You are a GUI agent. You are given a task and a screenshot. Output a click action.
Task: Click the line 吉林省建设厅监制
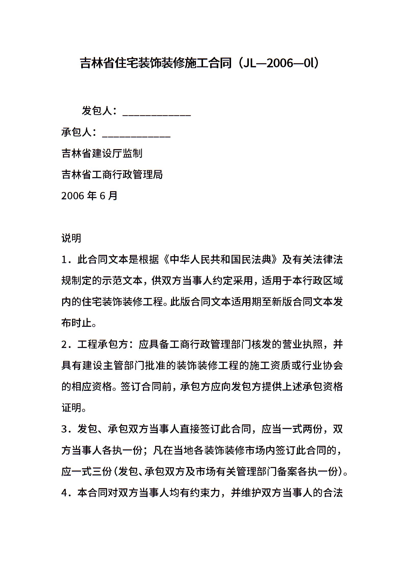coord(102,154)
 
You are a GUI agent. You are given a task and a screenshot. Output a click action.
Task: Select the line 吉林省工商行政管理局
coord(112,175)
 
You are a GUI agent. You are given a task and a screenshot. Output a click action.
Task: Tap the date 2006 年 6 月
coord(89,196)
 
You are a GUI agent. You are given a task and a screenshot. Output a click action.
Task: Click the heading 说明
coord(71,239)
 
